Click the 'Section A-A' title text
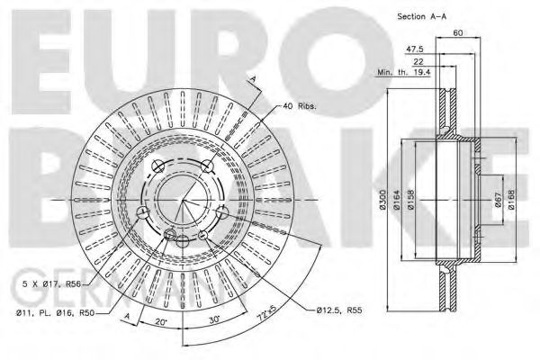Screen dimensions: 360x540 coord(422,16)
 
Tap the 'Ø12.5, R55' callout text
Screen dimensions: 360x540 coord(339,310)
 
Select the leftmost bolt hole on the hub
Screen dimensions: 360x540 coord(141,212)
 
